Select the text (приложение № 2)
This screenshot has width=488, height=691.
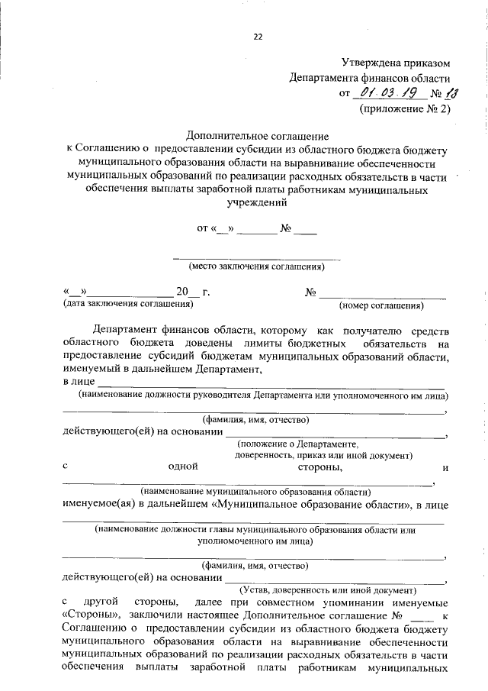405,109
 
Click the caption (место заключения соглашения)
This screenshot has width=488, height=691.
257,266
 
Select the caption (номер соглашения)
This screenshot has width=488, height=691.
380,306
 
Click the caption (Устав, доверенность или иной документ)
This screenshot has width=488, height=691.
328,589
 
